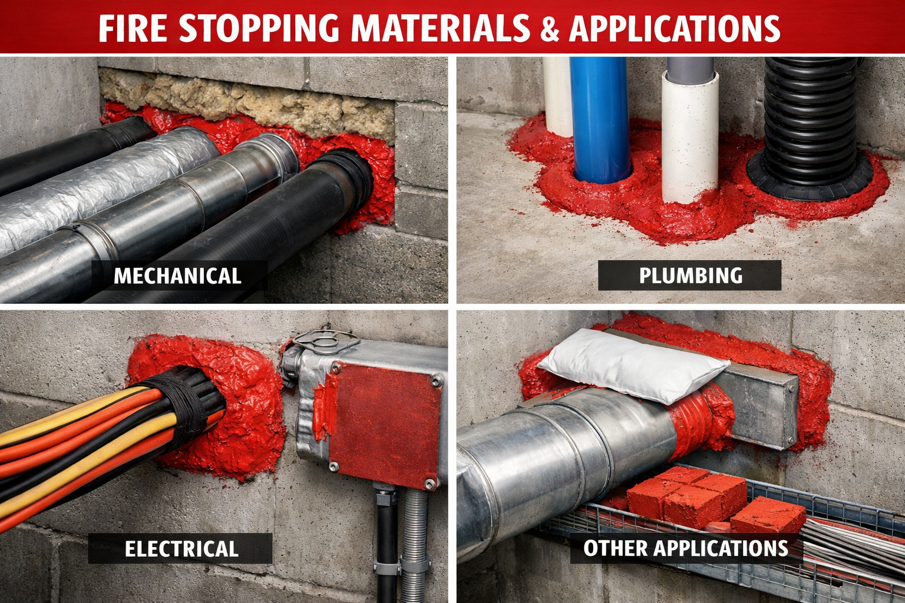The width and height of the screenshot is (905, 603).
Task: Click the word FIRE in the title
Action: click(x=133, y=28)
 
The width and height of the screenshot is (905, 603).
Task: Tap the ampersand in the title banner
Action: click(x=550, y=29)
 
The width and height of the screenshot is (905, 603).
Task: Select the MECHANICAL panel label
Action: click(x=177, y=276)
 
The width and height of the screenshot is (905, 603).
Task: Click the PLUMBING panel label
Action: click(x=691, y=276)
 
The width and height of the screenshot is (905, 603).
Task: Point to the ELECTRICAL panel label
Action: click(x=181, y=548)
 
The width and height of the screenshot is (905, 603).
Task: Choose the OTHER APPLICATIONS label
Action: click(x=686, y=548)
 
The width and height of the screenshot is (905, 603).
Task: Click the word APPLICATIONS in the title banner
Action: click(x=675, y=29)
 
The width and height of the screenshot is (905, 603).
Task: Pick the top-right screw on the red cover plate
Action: click(x=435, y=380)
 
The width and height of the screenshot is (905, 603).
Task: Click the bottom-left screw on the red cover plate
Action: click(x=334, y=466)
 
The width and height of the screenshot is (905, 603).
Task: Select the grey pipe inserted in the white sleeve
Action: click(x=690, y=71)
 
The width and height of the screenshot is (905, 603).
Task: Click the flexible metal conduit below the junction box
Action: click(x=414, y=545)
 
